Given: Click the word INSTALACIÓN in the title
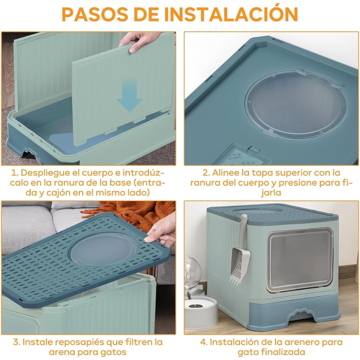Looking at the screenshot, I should (231, 14).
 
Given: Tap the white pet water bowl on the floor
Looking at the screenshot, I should (202, 312).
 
